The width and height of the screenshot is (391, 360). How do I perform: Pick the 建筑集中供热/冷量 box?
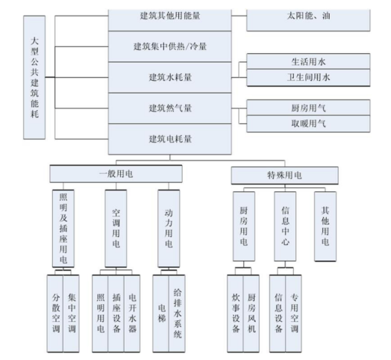(170, 46)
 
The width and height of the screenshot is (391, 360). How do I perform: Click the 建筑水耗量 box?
(170, 77)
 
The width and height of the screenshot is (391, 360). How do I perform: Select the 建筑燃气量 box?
(170, 108)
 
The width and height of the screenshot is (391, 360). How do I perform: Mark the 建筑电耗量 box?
(170, 139)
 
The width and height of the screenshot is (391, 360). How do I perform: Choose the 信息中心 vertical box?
(284, 224)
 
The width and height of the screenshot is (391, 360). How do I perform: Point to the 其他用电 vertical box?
(324, 224)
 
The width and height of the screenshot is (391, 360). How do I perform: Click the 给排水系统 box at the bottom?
(178, 314)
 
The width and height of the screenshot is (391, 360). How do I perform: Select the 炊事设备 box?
(235, 314)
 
